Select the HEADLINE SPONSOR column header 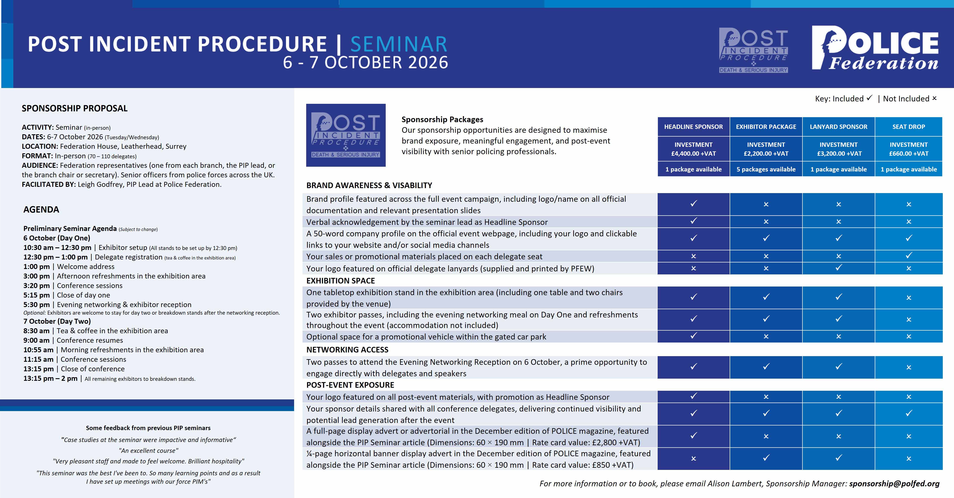coord(693,127)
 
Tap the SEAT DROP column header coord(908,127)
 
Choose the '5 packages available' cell coord(766,169)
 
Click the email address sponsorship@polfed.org coord(894,484)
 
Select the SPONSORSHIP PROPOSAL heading coord(74,108)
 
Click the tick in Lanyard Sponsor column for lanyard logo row coord(838,267)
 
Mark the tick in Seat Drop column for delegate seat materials coord(908,255)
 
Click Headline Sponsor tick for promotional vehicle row coord(693,336)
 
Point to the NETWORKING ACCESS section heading coord(347,350)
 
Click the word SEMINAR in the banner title coord(399,45)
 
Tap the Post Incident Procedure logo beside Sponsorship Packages coord(346,135)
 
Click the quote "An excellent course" coord(148,451)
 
